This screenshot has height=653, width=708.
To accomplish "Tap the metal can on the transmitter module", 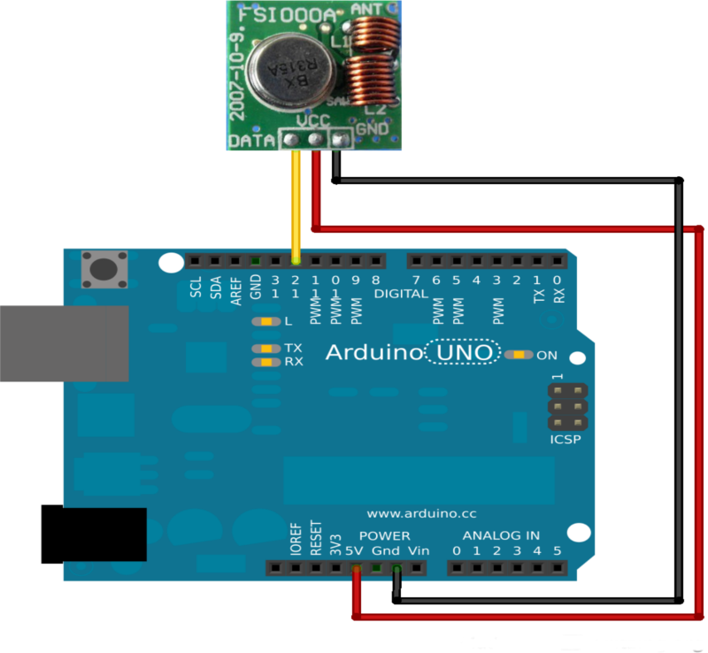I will pyautogui.click(x=285, y=70).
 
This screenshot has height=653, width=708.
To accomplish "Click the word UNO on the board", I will pyautogui.click(x=463, y=352).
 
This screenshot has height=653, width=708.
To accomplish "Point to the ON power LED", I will pyautogui.click(x=519, y=355).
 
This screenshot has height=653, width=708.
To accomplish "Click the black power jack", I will pyautogui.click(x=93, y=533).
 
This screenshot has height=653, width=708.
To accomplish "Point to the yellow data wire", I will pyautogui.click(x=296, y=204).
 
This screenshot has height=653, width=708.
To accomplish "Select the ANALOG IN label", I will pyautogui.click(x=501, y=535).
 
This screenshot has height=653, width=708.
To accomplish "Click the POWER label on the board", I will pyautogui.click(x=384, y=535).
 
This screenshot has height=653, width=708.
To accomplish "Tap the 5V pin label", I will pyautogui.click(x=355, y=551).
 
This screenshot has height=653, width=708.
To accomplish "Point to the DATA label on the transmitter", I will pyautogui.click(x=251, y=141).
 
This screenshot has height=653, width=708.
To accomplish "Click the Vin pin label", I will pyautogui.click(x=418, y=551).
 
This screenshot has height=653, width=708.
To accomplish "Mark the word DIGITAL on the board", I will pyautogui.click(x=402, y=293).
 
